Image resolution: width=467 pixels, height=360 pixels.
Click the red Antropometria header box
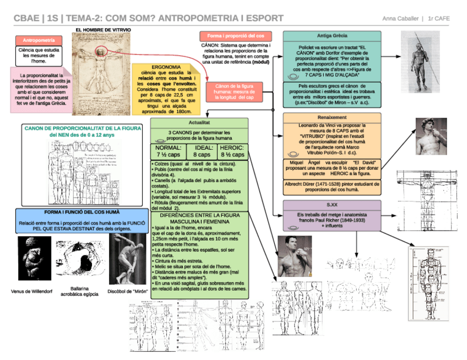39,40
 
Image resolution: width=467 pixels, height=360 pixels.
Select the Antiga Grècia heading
332,36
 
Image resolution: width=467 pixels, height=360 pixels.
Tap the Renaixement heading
332,117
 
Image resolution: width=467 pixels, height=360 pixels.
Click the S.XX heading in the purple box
332,204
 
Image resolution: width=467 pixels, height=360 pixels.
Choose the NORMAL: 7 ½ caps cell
168,151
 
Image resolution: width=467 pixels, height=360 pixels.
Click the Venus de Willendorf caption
32,291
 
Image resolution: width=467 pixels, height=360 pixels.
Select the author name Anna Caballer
401,19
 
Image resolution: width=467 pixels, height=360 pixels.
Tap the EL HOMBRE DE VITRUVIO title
104,29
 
